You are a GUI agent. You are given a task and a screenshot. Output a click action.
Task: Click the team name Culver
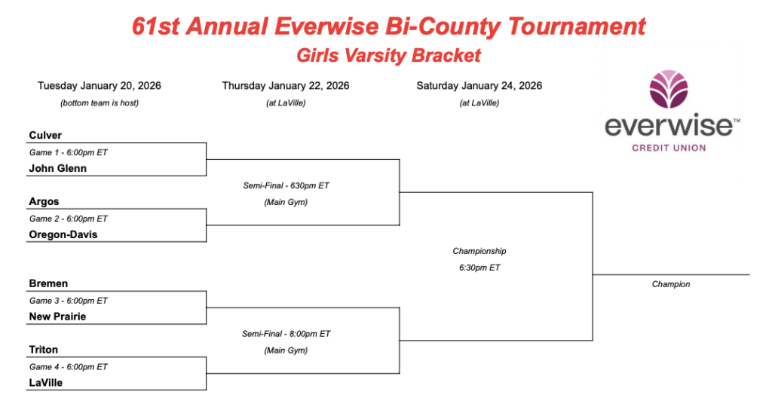(45, 136)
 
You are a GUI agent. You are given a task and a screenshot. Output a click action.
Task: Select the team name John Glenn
(57, 168)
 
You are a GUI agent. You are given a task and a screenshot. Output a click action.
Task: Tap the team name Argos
(44, 202)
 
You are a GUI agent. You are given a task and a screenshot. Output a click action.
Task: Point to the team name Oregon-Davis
(63, 235)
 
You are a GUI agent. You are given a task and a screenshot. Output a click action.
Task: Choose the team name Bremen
(48, 283)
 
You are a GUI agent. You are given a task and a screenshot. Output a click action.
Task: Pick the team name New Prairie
(57, 317)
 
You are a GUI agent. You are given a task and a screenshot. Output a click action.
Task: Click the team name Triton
(43, 350)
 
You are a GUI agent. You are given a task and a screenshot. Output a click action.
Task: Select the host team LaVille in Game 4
(46, 383)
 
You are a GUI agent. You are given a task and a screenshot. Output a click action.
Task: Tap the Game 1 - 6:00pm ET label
(69, 152)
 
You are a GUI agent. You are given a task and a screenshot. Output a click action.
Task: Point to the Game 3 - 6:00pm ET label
(69, 301)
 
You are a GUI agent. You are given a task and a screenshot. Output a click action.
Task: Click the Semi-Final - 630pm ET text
(286, 185)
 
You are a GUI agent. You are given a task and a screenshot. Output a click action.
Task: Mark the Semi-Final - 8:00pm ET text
(286, 334)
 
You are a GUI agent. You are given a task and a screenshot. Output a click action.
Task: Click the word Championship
(479, 252)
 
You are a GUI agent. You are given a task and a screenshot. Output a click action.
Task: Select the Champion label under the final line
(671, 284)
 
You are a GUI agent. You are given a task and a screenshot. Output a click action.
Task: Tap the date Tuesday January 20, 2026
(100, 86)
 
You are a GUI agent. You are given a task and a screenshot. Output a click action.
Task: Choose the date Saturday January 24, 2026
(479, 86)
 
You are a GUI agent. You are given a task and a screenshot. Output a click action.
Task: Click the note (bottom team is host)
(100, 102)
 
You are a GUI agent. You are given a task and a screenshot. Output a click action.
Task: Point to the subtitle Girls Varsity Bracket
(389, 56)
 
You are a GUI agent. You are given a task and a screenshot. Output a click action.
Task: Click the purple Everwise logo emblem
(669, 89)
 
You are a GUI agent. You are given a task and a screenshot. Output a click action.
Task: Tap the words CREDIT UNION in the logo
(669, 148)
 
